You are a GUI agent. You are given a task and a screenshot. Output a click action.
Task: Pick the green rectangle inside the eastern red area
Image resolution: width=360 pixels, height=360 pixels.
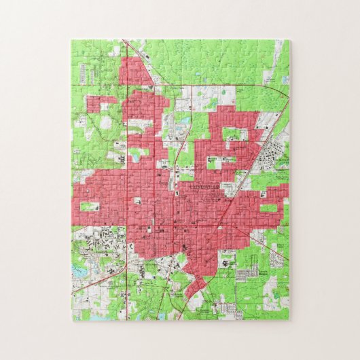click(x=269, y=207)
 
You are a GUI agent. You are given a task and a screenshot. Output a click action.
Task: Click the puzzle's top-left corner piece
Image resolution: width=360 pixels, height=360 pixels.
click(x=78, y=47)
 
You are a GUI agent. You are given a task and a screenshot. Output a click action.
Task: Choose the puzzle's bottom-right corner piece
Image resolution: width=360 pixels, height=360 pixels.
click(x=283, y=312)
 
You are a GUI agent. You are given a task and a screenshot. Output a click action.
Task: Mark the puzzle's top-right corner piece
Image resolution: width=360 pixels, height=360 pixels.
click(x=283, y=47)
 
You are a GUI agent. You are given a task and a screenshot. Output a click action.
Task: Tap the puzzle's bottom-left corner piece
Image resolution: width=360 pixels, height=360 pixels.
click(x=78, y=312)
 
